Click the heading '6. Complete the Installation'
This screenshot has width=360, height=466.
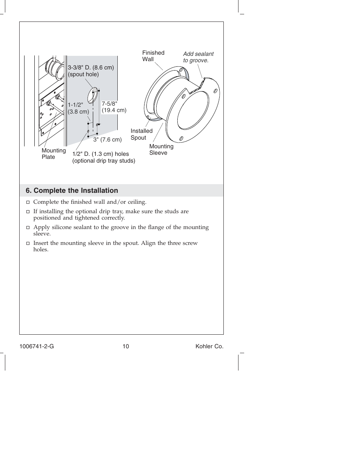72,191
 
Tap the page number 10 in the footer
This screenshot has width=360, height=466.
126,346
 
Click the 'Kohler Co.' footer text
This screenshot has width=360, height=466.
209,346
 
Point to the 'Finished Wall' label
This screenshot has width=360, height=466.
153,56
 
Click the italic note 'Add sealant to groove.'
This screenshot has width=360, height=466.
198,57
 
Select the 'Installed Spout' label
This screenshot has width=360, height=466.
141,134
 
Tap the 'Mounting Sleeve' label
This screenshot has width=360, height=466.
161,149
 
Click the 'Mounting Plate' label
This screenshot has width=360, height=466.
54,154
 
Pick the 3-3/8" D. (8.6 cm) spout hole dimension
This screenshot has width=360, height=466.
91,71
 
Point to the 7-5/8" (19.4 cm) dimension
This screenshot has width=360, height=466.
114,107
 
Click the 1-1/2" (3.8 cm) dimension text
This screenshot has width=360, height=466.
78,108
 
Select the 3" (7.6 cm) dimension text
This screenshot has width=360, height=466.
108,140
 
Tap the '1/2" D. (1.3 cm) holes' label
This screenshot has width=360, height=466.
101,154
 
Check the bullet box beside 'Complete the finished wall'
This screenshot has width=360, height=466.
28,202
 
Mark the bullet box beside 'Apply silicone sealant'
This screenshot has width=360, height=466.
28,228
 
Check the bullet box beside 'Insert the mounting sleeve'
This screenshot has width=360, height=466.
28,243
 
